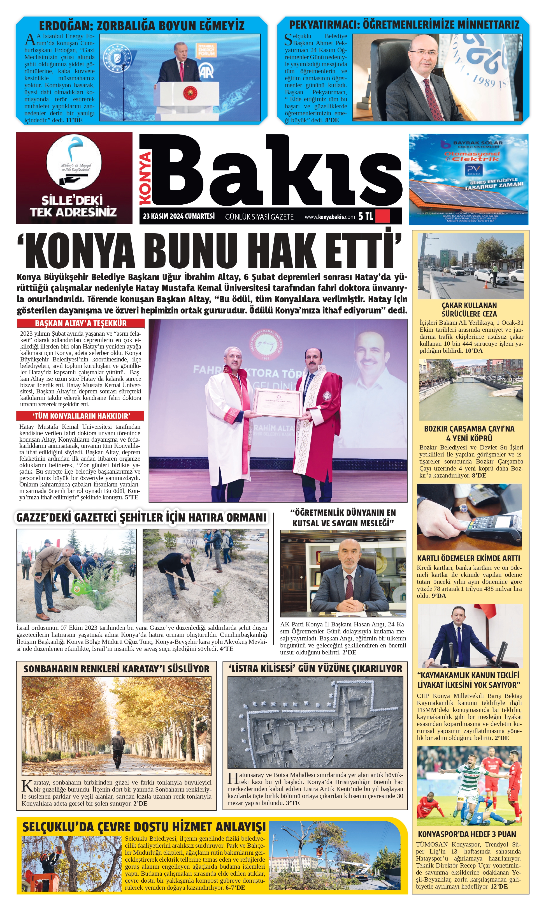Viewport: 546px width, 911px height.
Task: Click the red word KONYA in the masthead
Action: point(146,178)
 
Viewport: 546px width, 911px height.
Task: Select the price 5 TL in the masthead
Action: point(365,216)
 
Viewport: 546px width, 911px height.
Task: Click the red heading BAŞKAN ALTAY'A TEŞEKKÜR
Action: point(81,323)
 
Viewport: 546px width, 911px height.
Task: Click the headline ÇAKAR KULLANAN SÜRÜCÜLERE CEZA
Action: point(469,310)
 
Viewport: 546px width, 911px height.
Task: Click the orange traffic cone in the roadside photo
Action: point(485,284)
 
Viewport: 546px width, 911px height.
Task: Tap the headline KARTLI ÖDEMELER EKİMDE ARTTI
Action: point(468,558)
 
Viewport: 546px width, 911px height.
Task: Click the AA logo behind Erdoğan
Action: point(206,71)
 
